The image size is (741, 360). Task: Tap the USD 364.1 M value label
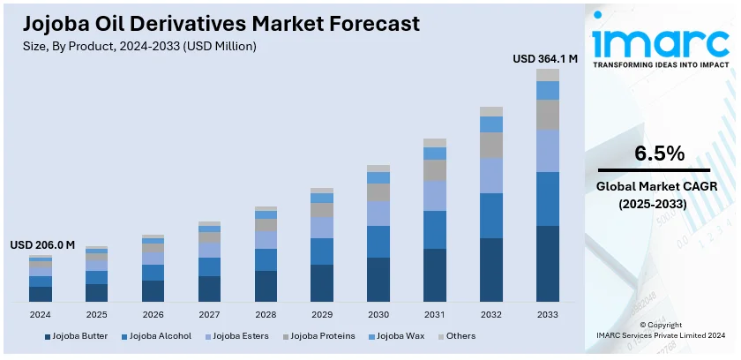(x=545, y=59)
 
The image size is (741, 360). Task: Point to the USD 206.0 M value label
(x=42, y=244)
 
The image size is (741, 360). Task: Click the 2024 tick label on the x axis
(x=41, y=314)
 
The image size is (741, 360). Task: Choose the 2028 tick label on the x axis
(x=266, y=314)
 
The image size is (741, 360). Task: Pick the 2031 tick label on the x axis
(x=435, y=314)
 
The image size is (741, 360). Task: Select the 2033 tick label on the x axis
(x=548, y=314)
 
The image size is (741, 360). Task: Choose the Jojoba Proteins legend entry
(x=323, y=336)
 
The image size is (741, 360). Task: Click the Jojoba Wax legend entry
(x=399, y=336)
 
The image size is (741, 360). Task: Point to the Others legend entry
(x=460, y=336)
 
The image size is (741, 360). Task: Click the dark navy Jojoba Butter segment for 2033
(x=548, y=264)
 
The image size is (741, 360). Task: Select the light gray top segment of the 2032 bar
(x=491, y=111)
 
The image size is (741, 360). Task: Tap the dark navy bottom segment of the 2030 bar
(x=378, y=280)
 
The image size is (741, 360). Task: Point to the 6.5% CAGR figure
(x=660, y=154)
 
